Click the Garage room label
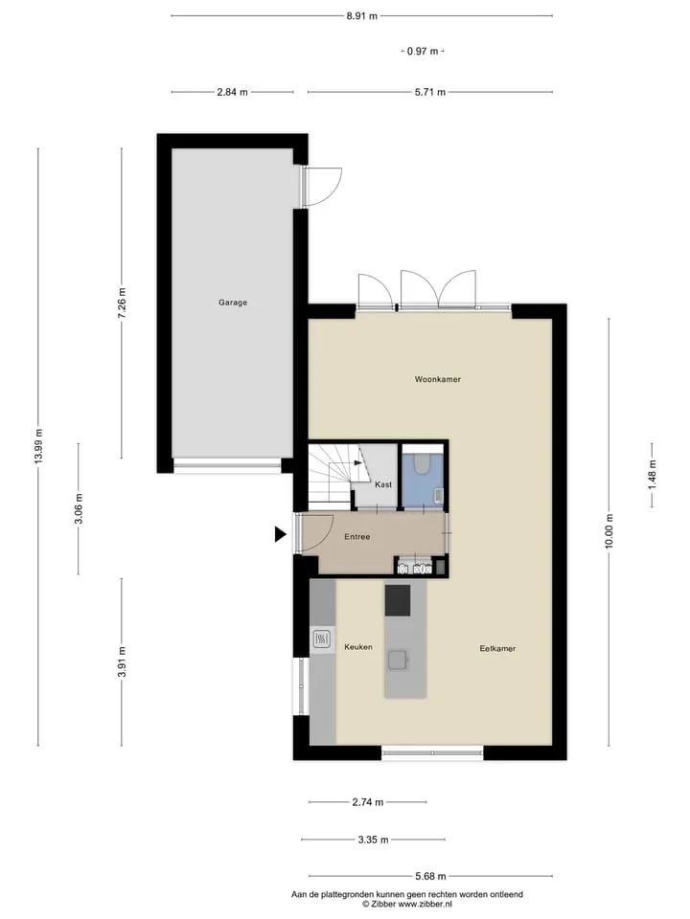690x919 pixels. (233, 303)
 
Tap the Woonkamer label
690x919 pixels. (438, 379)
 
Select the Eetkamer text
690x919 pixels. (497, 648)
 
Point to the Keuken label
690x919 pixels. (357, 647)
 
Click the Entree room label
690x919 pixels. (356, 536)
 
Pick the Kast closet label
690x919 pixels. (383, 484)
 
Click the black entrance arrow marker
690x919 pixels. (281, 534)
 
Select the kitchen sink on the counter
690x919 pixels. (321, 638)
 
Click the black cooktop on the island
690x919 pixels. (397, 600)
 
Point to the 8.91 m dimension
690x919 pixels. (361, 16)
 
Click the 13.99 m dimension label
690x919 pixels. (38, 446)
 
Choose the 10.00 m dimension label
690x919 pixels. (609, 531)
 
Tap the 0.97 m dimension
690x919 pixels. (423, 51)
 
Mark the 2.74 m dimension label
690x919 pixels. (368, 802)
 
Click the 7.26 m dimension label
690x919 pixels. (122, 303)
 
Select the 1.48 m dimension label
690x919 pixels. (652, 476)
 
